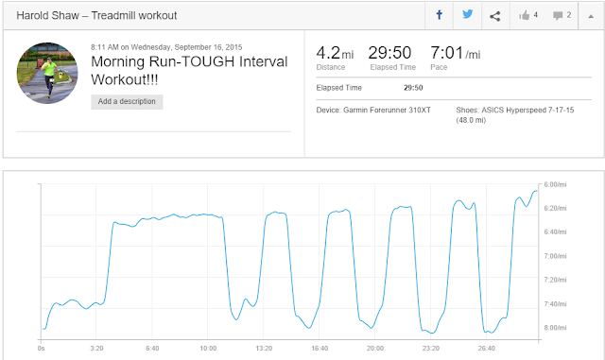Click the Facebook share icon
(x=439, y=15)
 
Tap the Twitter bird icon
(x=468, y=15)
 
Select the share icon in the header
(x=495, y=16)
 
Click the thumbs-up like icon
(x=525, y=15)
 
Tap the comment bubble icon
(x=558, y=16)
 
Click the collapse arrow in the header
(x=591, y=16)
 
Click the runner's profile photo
(x=47, y=73)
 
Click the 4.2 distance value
(x=328, y=53)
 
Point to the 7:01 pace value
(x=447, y=53)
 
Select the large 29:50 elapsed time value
(x=389, y=53)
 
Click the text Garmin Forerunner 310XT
(x=387, y=110)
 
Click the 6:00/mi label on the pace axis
(x=555, y=184)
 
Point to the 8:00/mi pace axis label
(x=555, y=328)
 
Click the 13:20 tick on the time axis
(x=264, y=348)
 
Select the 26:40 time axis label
(x=487, y=348)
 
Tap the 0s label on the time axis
(x=42, y=348)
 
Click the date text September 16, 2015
(x=208, y=47)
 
